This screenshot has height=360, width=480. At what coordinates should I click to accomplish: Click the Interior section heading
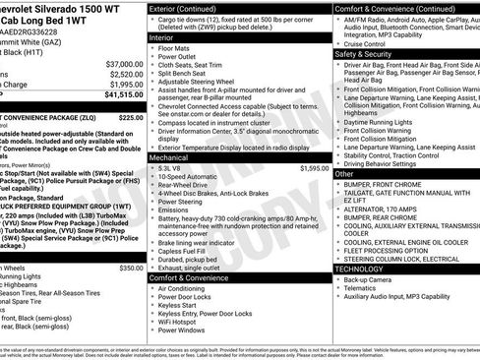[x=161, y=36]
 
